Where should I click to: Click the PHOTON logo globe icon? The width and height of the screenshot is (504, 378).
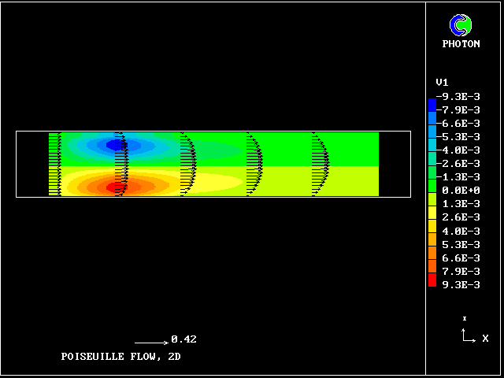460,25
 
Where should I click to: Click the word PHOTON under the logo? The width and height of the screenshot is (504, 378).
461,44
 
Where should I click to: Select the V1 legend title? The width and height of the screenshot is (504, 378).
442,82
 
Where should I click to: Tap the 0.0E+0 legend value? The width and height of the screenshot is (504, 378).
460,190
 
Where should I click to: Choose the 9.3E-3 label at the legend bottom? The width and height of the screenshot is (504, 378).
460,284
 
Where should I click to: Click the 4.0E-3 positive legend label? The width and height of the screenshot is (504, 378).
460,231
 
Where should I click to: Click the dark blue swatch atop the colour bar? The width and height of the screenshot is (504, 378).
432,104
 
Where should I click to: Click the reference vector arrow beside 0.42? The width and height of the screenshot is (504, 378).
151,343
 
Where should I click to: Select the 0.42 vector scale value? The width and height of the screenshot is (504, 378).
183,339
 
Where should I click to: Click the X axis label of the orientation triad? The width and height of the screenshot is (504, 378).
485,339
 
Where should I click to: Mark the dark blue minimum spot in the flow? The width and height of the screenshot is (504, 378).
116,144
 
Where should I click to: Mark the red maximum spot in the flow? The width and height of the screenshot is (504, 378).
116,187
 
